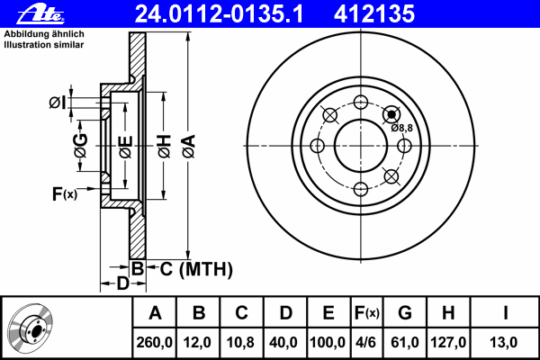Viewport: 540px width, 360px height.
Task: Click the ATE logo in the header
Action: tap(40, 14)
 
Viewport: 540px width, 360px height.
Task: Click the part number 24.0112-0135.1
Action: tap(219, 14)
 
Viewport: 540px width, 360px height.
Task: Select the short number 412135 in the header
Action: tap(374, 14)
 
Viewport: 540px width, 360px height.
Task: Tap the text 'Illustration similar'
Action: tap(44, 45)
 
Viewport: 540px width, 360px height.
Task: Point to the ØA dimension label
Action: tap(189, 147)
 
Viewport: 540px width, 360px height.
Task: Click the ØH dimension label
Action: tap(165, 147)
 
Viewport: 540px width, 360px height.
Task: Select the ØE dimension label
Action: tap(126, 147)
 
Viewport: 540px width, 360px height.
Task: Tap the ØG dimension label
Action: tap(81, 146)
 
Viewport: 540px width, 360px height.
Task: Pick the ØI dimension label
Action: tap(58, 103)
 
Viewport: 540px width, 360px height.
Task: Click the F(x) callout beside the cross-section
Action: tap(65, 194)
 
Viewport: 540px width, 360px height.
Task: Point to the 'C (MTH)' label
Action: tap(196, 269)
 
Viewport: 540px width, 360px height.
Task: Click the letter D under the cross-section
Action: tap(123, 283)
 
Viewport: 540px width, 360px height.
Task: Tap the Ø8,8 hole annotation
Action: tap(401, 128)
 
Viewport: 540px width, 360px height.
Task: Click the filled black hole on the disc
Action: tap(391, 113)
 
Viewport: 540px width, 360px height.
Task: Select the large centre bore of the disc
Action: tap(361, 146)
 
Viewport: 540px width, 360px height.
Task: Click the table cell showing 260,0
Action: tap(154, 342)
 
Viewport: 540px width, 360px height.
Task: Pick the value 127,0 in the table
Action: tap(448, 342)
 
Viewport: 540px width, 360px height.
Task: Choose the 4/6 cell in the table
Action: tap(366, 342)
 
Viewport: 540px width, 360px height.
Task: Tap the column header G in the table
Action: tap(405, 313)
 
